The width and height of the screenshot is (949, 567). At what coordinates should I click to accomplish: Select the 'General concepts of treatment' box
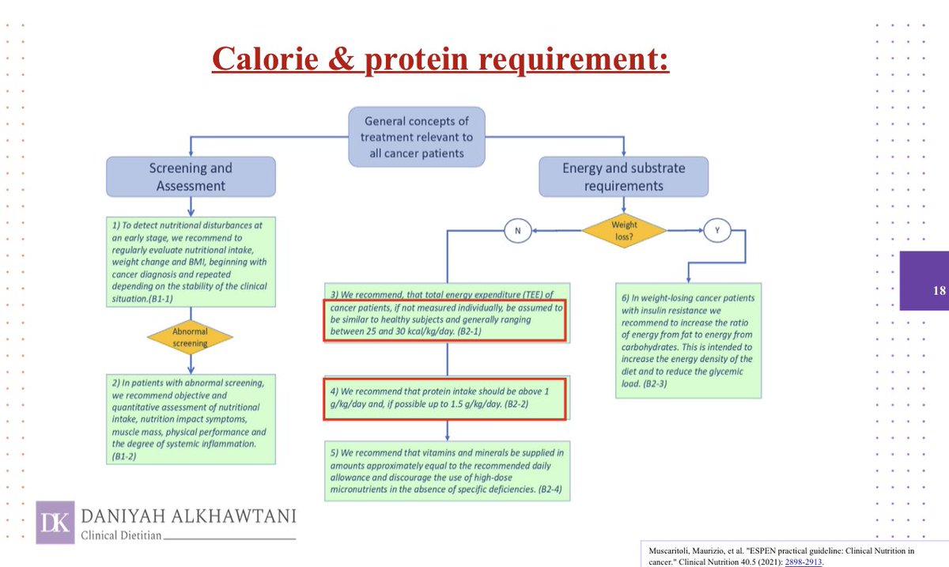417,137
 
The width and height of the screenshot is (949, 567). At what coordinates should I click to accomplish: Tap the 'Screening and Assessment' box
191,177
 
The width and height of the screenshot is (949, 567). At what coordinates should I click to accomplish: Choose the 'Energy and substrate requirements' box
623,177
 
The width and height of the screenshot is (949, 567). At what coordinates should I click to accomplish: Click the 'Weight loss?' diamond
623,230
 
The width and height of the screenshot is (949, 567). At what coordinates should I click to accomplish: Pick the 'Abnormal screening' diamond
190,338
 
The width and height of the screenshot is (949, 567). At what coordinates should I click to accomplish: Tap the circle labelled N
517,230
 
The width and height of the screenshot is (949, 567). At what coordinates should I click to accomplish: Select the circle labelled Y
717,230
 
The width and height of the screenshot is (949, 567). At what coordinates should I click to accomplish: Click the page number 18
939,290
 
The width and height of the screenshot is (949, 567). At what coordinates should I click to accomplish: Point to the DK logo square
55,522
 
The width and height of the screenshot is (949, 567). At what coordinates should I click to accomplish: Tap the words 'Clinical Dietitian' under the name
123,535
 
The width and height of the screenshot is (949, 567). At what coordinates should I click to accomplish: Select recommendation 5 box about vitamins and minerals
447,470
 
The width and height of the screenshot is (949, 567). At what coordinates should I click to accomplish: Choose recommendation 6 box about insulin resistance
686,340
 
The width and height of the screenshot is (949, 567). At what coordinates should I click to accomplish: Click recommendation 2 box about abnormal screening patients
191,419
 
